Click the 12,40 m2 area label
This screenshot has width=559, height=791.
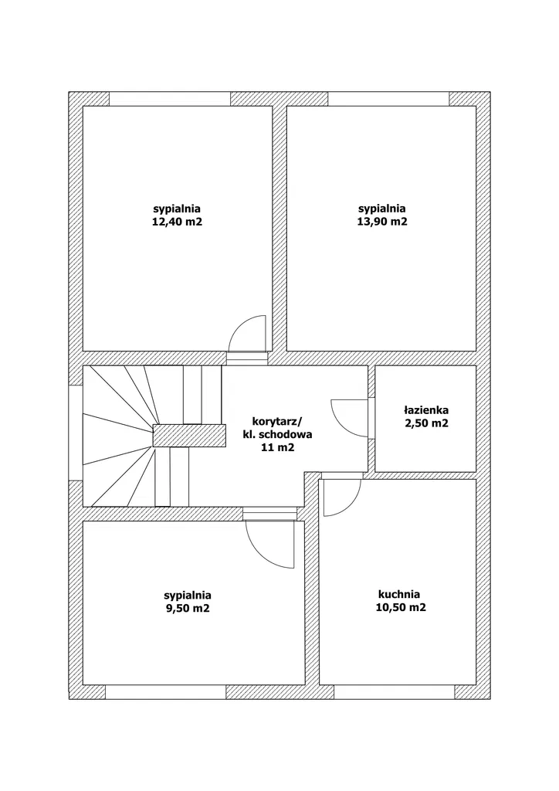tap(177, 222)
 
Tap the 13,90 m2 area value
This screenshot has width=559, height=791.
tap(382, 222)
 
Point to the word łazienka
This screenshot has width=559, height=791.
tap(425, 410)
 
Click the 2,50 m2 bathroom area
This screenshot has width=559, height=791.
tap(425, 423)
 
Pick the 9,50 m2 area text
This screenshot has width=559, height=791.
tap(187, 608)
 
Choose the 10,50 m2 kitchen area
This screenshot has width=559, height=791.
tap(399, 608)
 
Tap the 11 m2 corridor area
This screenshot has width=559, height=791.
tap(277, 447)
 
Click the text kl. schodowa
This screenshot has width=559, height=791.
tap(277, 434)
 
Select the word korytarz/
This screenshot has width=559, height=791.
tap(277, 421)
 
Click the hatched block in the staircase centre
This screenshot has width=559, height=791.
tap(188, 435)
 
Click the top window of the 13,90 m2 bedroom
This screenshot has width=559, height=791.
tap(388, 99)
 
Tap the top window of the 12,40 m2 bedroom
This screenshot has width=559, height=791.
tap(170, 99)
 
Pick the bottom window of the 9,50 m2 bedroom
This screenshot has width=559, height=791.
tap(165, 691)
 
